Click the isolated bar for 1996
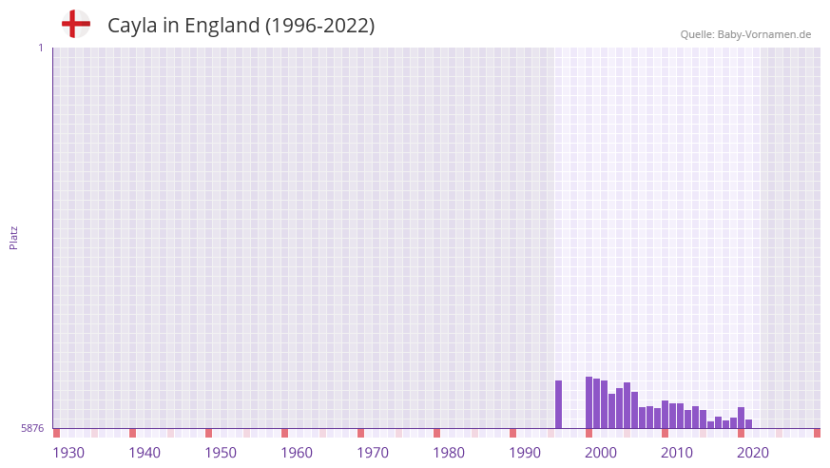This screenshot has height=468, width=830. coord(558,404)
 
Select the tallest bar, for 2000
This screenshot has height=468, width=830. coord(589,402)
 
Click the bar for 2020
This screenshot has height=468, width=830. coord(741,418)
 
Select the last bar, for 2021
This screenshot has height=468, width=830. coord(748,424)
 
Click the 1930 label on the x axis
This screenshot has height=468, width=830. coord(68,453)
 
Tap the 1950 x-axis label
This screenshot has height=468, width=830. coord(221,453)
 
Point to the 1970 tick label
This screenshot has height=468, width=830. coord(373,453)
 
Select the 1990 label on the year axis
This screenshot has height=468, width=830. coord(525,453)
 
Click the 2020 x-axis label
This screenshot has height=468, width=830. coord(753,453)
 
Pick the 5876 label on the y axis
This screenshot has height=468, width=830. coord(32,429)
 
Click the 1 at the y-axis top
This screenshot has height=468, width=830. coord(40,48)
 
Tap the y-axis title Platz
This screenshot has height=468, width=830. coord(13,237)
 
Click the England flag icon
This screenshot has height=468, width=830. coord(75,24)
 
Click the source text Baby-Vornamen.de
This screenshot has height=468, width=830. coord(764,34)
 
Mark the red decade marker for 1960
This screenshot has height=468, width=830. coord(284,433)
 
